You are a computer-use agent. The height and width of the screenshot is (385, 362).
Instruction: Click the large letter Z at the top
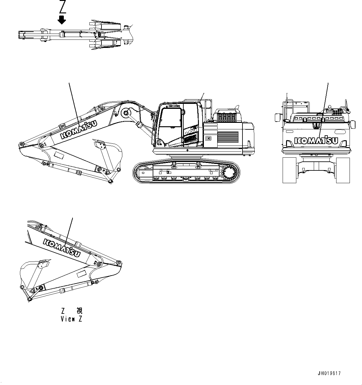(63, 7)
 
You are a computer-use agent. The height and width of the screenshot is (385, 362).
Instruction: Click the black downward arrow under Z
(62, 20)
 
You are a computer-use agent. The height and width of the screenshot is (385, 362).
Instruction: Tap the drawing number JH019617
(329, 373)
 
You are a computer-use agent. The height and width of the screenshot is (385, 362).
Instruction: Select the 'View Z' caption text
(72, 319)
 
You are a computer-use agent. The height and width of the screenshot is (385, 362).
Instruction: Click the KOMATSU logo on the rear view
(316, 140)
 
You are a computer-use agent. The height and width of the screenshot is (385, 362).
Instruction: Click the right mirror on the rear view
(353, 124)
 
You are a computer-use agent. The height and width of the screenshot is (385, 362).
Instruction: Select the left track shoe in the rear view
(289, 170)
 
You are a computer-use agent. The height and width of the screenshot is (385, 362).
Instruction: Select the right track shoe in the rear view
(343, 170)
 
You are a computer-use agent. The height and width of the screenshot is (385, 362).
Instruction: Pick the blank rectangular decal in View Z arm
(82, 274)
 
